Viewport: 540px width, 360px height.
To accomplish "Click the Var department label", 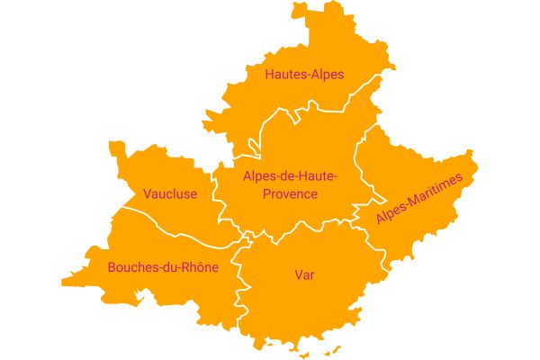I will point(304,274).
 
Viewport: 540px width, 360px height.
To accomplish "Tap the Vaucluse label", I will point(170,193).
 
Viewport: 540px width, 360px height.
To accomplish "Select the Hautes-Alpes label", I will point(304,75).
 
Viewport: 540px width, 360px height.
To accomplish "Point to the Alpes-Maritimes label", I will point(418,201).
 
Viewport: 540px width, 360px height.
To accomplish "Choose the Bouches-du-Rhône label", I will point(163,267).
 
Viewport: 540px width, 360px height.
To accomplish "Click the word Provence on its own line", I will point(290,194).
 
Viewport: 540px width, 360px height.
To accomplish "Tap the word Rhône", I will point(199,267).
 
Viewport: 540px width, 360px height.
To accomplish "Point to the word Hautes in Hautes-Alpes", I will point(283,75).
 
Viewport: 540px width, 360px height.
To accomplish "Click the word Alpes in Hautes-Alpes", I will point(326,75).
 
